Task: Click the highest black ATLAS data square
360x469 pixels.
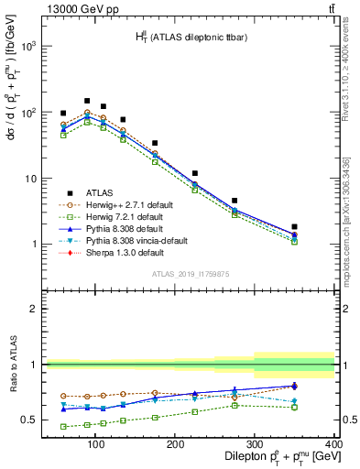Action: coord(87,101)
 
